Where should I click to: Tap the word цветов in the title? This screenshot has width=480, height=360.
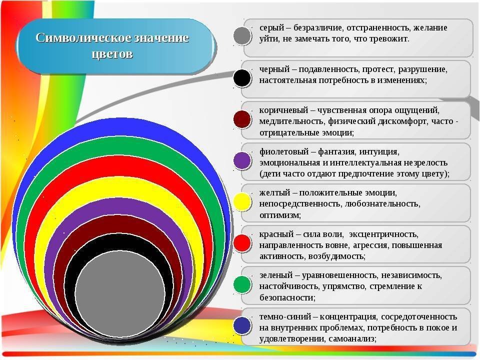click(112, 54)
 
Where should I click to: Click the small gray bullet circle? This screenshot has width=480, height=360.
click(242, 36)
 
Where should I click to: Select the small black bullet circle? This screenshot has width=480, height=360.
click(242, 78)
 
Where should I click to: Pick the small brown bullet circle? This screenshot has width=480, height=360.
click(242, 119)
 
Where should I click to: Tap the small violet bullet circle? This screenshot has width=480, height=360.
click(242, 160)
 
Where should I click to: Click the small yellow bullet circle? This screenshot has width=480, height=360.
click(242, 202)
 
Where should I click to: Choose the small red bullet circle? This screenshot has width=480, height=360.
click(242, 243)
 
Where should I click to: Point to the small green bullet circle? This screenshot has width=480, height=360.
click(242, 284)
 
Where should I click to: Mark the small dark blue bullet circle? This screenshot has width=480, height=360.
click(242, 325)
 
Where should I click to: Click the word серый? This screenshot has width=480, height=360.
click(272, 28)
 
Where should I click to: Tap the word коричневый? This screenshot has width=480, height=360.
click(283, 110)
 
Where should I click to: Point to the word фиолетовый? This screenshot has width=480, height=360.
click(284, 152)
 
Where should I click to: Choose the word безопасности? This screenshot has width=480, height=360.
click(287, 297)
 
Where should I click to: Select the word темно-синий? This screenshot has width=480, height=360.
click(285, 316)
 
